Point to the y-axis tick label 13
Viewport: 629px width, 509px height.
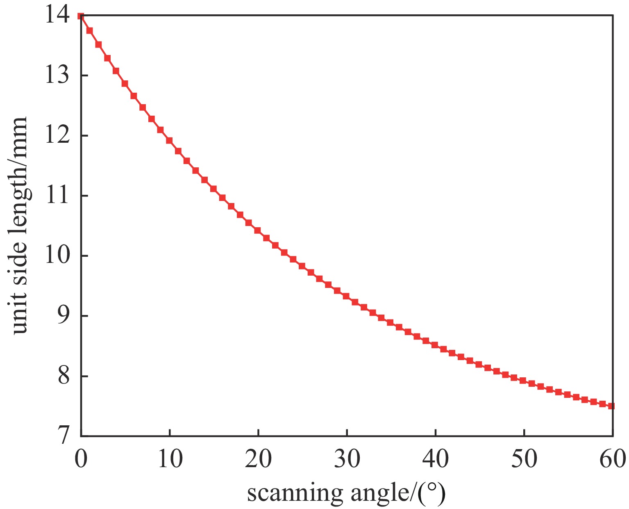57,76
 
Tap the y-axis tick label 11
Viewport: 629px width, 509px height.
57,196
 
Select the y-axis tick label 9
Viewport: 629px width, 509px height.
64,316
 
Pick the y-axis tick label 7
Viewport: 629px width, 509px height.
64,436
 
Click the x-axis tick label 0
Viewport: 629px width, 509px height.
81,459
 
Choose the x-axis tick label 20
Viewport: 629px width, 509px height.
258,459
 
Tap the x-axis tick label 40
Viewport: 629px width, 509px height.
435,459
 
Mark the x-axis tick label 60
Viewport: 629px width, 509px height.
612,459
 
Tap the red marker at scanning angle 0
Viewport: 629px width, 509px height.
81,16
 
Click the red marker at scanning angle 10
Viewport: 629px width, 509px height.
169,141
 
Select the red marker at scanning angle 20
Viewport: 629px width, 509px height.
258,231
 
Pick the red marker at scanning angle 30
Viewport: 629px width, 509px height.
346,296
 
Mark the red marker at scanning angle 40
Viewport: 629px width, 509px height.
435,345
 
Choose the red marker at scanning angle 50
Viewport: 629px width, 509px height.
523,381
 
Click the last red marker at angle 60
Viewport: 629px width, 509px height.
611,406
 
